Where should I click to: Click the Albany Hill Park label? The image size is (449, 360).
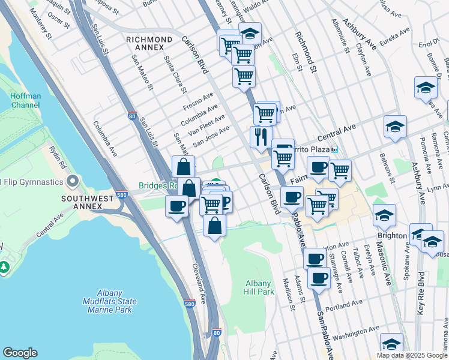(260, 287)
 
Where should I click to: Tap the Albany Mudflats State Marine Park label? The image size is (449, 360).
(112, 301)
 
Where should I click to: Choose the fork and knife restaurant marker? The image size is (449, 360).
(261, 137)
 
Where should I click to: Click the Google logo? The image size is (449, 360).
(20, 353)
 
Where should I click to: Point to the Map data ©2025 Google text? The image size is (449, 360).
(411, 355)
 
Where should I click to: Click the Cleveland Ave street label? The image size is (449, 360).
(200, 283)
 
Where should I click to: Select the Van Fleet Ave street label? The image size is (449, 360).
(206, 124)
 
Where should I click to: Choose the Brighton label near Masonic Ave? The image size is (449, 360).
(393, 236)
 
